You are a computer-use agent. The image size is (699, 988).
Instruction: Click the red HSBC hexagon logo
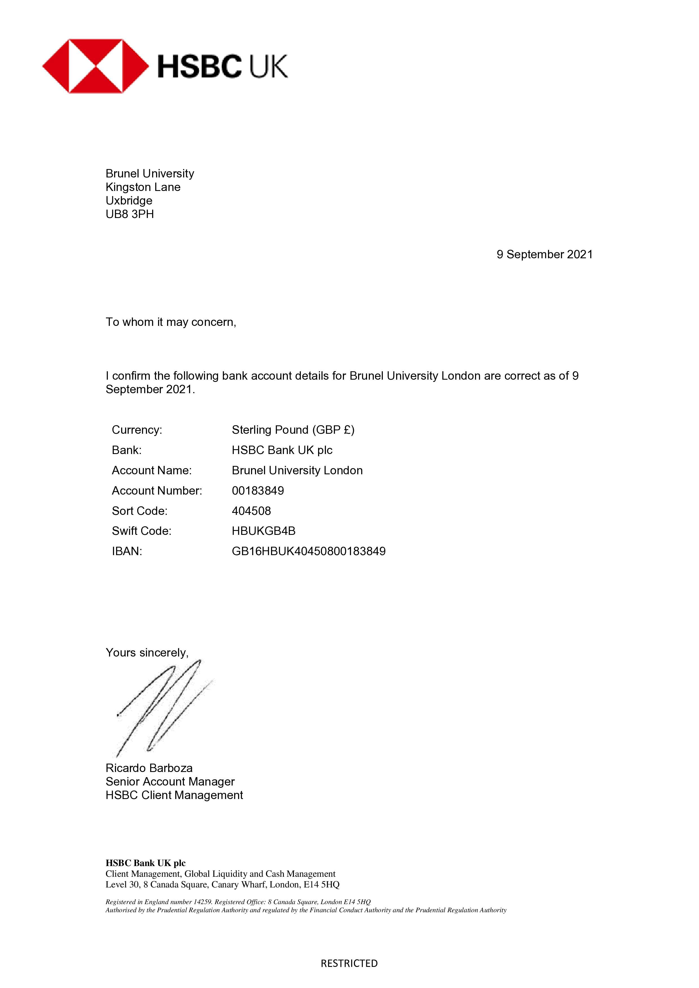tap(95, 66)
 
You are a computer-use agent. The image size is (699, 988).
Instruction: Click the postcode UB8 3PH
tap(130, 214)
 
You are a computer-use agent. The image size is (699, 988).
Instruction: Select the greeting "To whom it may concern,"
tap(171, 322)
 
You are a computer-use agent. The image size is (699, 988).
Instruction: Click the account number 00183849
tap(258, 491)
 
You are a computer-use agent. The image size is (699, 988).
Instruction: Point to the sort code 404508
tap(251, 511)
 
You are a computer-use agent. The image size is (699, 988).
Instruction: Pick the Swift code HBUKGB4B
tap(263, 531)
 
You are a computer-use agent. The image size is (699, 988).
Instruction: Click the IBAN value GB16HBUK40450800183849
tap(309, 551)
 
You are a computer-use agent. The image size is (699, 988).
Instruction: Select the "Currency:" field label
tap(137, 430)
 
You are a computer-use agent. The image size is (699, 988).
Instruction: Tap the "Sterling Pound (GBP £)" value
tap(293, 430)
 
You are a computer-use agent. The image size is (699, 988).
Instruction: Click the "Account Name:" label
tap(152, 470)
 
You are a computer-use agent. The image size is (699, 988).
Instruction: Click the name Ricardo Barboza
tap(149, 768)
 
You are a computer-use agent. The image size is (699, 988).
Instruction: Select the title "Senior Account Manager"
tap(170, 782)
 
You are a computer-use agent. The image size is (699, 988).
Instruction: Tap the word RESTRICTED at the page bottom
tap(349, 963)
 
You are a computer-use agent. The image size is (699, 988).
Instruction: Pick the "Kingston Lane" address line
tap(143, 187)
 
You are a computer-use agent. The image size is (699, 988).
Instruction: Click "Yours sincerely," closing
tap(147, 653)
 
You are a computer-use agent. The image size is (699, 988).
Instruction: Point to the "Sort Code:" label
tap(139, 511)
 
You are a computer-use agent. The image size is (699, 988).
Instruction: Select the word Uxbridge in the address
tap(129, 201)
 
